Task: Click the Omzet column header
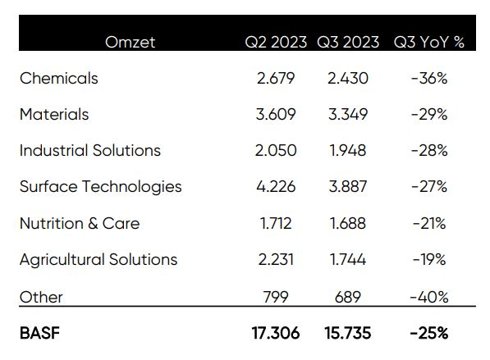pyautogui.click(x=130, y=42)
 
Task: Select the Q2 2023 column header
pyautogui.click(x=276, y=42)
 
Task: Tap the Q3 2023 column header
pyautogui.click(x=348, y=42)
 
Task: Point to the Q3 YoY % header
pyautogui.click(x=428, y=42)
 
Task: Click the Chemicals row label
pyautogui.click(x=59, y=78)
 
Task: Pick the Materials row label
pyautogui.click(x=54, y=114)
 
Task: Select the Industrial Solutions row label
pyautogui.click(x=90, y=150)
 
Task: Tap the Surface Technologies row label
pyautogui.click(x=101, y=187)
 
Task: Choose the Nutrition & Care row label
pyautogui.click(x=80, y=224)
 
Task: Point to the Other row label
pyautogui.click(x=41, y=297)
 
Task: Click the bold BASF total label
pyautogui.click(x=39, y=333)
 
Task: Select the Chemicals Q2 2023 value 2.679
pyautogui.click(x=276, y=78)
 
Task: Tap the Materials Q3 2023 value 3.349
pyautogui.click(x=348, y=114)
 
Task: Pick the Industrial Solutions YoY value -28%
pyautogui.click(x=429, y=151)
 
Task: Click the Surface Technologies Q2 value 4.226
pyautogui.click(x=276, y=187)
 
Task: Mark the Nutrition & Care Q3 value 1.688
pyautogui.click(x=347, y=224)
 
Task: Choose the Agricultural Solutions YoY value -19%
pyautogui.click(x=429, y=260)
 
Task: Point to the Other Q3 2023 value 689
pyautogui.click(x=348, y=297)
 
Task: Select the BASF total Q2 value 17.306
pyautogui.click(x=276, y=333)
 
